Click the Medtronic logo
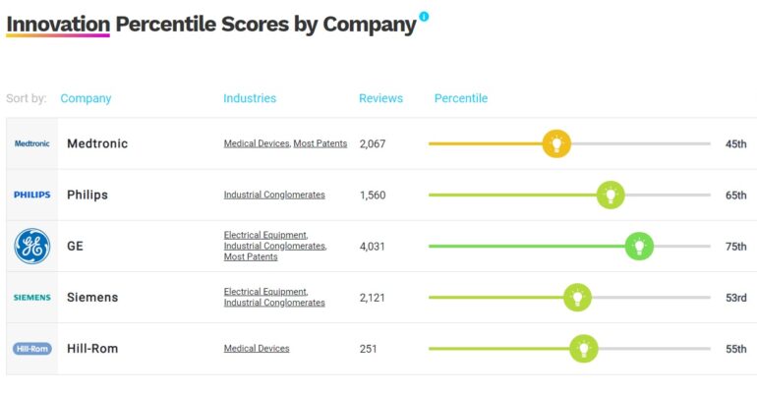(31, 143)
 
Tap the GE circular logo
(31, 246)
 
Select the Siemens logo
(31, 297)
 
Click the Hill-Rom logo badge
(31, 348)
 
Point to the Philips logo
(31, 195)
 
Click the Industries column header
(250, 98)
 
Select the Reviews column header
(380, 98)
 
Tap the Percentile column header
(461, 98)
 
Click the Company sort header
(86, 98)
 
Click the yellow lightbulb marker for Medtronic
(556, 143)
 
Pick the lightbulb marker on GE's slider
(639, 246)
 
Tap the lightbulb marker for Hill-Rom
(584, 348)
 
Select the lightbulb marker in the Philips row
(611, 195)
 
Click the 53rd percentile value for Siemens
(735, 297)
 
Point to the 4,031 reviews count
(373, 246)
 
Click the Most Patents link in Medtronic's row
(320, 143)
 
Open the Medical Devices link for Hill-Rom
(257, 348)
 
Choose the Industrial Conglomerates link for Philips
(274, 195)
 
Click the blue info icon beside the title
(424, 16)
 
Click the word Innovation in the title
(57, 24)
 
